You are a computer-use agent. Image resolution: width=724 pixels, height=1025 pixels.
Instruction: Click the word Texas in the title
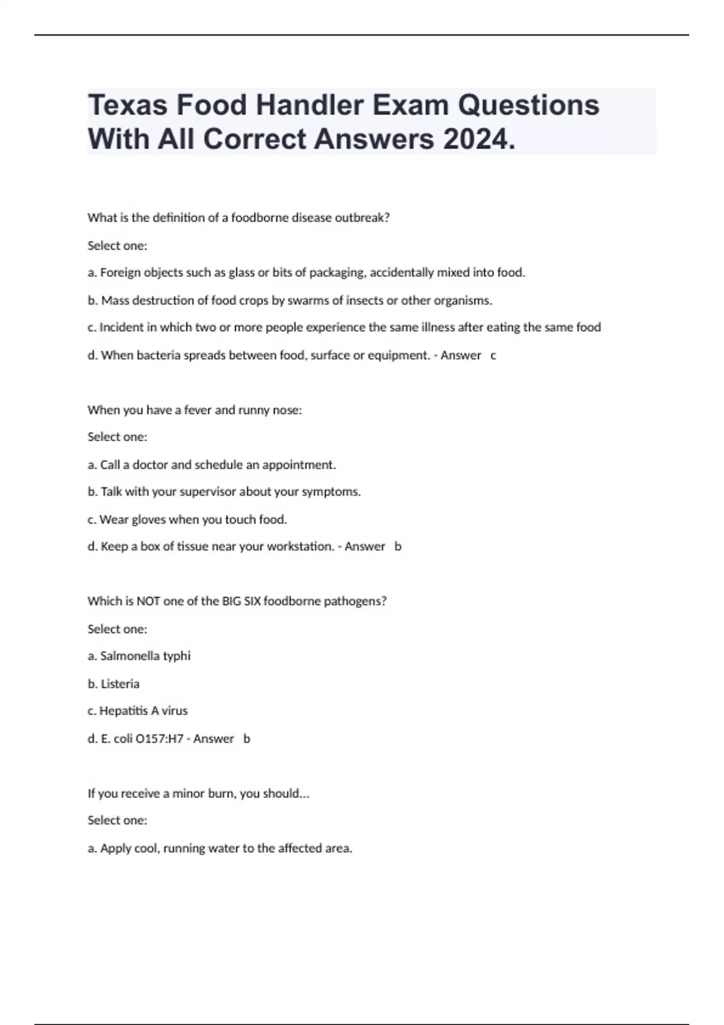coord(127,106)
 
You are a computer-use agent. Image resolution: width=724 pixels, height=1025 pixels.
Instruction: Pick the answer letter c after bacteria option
coord(494,355)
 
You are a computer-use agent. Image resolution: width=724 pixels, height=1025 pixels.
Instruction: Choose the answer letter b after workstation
coord(398,546)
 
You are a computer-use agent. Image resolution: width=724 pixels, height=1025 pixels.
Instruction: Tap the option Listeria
coord(120,684)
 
